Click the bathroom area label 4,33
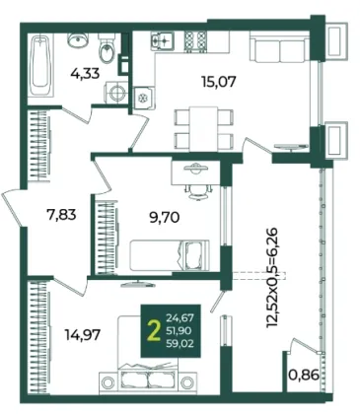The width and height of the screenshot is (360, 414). click(85, 73)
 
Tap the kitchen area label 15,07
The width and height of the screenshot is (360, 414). click(219, 81)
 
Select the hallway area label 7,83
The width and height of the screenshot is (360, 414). click(61, 215)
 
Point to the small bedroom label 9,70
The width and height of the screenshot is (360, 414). click(165, 217)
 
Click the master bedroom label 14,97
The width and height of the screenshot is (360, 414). click(83, 335)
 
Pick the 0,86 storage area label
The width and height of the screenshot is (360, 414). click(304, 375)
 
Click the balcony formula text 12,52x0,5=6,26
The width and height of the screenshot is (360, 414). click(273, 278)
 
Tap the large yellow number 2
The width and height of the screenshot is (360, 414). click(154, 330)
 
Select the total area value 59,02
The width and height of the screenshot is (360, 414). click(180, 344)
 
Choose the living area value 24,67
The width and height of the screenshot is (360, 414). click(180, 317)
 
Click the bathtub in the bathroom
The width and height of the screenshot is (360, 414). click(40, 65)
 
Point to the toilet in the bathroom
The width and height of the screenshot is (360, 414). click(107, 51)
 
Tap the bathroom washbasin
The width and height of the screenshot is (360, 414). click(78, 39)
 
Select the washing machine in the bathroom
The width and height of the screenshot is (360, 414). click(115, 93)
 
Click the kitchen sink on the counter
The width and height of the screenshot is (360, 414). click(164, 41)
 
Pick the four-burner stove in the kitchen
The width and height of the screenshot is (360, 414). click(195, 41)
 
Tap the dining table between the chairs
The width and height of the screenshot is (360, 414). click(203, 129)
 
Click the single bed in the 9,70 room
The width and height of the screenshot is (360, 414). click(170, 255)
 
